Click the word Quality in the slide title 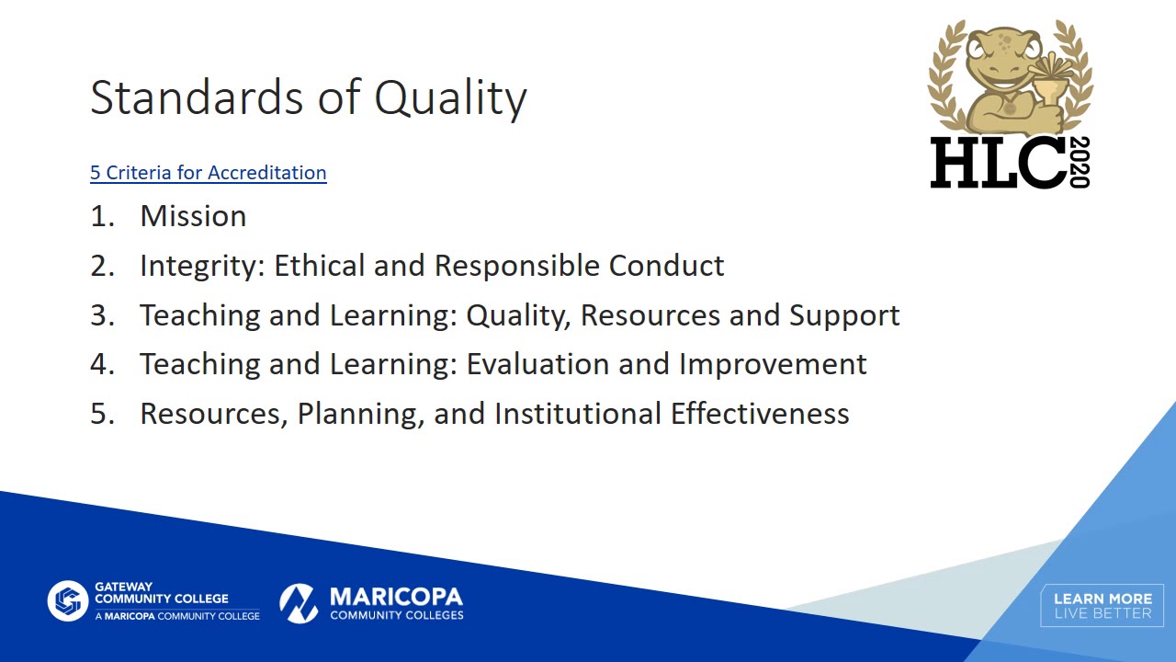[450, 97]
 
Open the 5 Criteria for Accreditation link [208, 173]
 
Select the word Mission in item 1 [193, 216]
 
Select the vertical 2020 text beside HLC [1080, 163]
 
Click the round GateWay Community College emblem [67, 601]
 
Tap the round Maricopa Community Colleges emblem [299, 602]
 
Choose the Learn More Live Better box [1102, 606]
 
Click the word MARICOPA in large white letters [396, 598]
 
